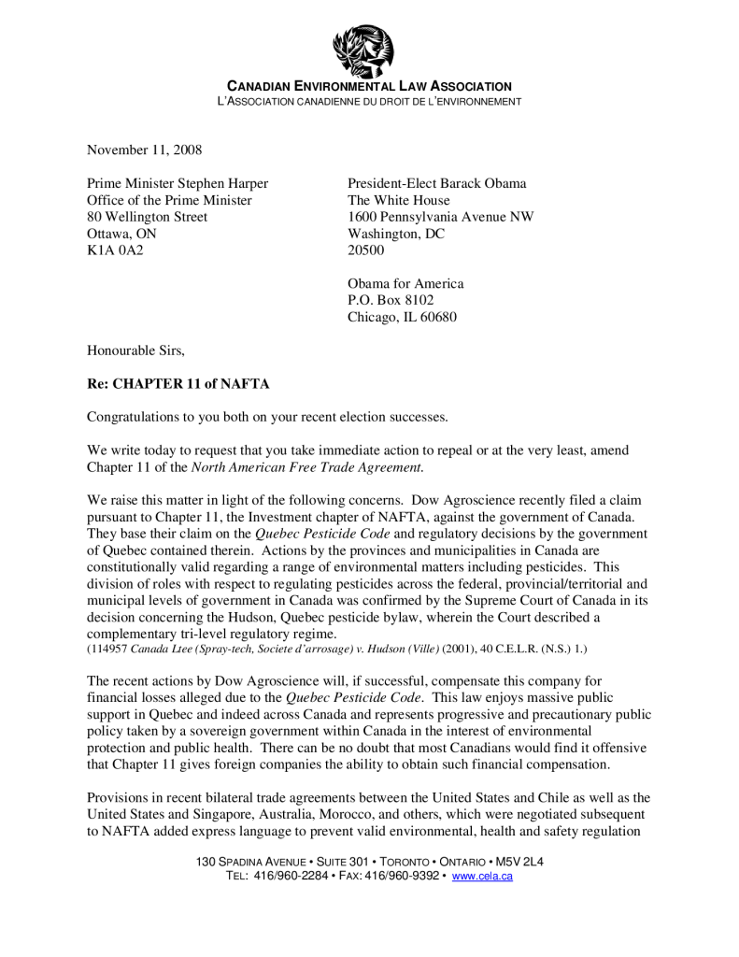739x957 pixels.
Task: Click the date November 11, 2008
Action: point(144,150)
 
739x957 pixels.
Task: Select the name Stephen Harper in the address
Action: point(222,183)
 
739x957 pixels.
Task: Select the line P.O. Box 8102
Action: point(391,300)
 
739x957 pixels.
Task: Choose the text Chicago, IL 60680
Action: point(402,317)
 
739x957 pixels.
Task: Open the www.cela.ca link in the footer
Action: point(482,876)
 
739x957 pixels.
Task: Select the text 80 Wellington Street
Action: point(147,217)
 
